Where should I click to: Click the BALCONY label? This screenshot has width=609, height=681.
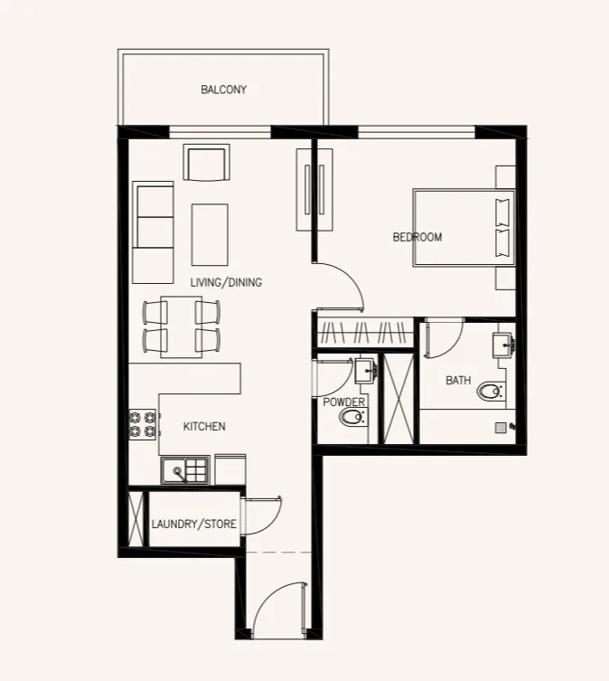coord(223,90)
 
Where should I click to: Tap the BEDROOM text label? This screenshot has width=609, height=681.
coord(417,237)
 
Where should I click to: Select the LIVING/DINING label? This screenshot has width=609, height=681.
coord(226,282)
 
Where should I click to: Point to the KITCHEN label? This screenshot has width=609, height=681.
coord(204,427)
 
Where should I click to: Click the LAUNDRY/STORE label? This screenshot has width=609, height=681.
coord(194,524)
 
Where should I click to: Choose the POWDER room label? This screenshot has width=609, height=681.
coord(343,402)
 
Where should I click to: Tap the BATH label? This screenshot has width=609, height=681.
coord(458,381)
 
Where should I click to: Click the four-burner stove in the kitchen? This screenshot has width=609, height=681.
coord(143,424)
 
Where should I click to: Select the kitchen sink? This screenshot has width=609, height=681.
coord(185,470)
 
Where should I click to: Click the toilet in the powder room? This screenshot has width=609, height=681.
coord(353,418)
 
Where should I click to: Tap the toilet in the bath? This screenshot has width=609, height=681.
coord(492,392)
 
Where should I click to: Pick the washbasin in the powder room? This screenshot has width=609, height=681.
coord(365,371)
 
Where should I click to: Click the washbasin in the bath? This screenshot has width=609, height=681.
coord(502,345)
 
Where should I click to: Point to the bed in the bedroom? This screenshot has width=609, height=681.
coord(464,227)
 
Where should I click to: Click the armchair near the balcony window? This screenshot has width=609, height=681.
coord(207,162)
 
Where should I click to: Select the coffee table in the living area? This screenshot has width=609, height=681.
coord(210,235)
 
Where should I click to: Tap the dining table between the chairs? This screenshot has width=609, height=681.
coord(182,327)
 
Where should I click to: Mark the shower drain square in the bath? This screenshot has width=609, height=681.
coord(501,428)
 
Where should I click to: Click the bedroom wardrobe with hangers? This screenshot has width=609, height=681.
coord(365,332)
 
